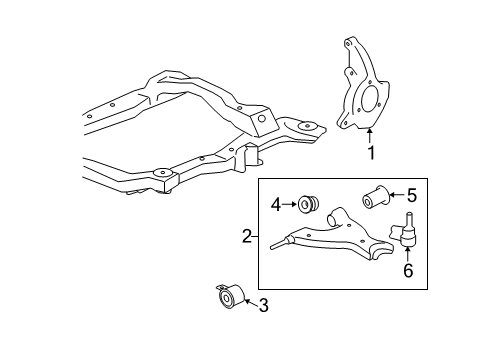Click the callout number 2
[245, 237]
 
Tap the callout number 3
[264, 305]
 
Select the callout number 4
[276, 205]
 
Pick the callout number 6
[408, 270]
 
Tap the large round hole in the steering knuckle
[366, 101]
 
